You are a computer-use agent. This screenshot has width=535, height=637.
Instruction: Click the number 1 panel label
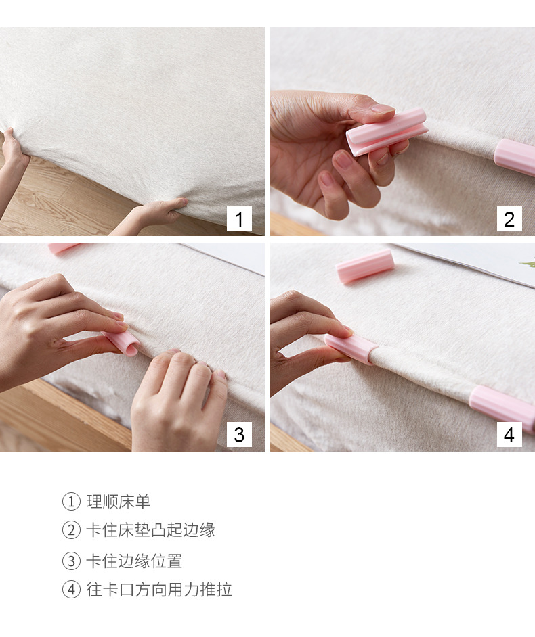(x=239, y=219)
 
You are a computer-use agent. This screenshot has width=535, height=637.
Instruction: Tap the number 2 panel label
(x=509, y=219)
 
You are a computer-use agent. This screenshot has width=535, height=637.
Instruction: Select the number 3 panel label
(x=239, y=435)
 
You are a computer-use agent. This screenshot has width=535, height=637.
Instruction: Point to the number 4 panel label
(x=509, y=435)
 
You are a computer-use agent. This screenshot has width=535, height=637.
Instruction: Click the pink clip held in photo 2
(x=386, y=131)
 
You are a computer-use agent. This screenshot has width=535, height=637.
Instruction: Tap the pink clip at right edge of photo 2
(x=515, y=156)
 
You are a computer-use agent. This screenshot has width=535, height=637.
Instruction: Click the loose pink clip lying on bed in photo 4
(x=365, y=266)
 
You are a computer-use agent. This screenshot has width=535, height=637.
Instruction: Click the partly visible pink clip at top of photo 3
(x=62, y=248)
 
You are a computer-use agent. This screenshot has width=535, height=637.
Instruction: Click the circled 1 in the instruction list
(x=71, y=502)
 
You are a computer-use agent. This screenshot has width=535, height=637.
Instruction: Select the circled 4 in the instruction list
(x=71, y=590)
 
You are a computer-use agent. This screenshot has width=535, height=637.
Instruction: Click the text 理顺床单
(x=119, y=502)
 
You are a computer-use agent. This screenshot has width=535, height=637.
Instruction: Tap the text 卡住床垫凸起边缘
(x=150, y=530)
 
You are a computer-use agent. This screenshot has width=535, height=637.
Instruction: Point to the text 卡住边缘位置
(x=134, y=561)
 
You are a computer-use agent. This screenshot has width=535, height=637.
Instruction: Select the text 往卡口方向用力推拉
(x=159, y=590)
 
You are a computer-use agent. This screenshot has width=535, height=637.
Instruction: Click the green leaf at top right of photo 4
(x=528, y=264)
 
